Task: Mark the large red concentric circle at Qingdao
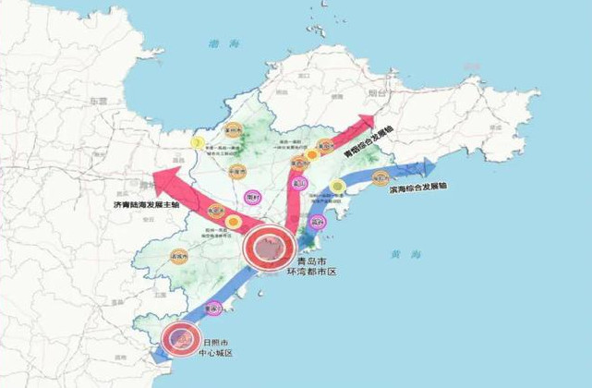269,246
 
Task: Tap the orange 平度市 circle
236,172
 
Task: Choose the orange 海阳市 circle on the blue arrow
379,177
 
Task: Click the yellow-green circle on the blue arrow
338,187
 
